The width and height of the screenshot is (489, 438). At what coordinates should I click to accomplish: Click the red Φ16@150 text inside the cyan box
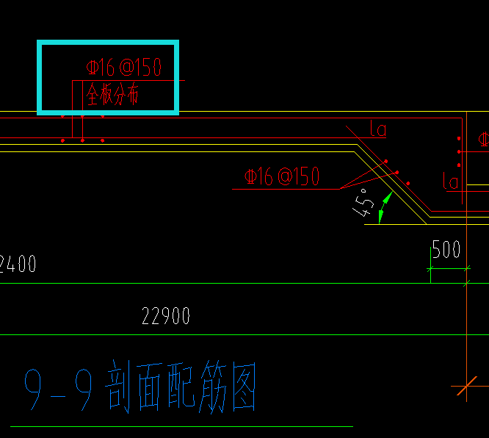point(123,68)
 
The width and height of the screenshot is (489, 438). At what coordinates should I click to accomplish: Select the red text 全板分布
point(112,95)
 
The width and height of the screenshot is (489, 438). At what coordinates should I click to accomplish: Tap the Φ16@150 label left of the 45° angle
point(282,176)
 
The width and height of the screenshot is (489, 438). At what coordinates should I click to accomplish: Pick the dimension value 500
point(446,250)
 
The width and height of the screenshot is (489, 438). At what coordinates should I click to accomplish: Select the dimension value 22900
point(166,317)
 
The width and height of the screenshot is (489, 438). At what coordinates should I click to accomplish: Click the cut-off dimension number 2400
point(18,263)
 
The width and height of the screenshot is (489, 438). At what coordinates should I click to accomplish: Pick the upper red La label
point(378,131)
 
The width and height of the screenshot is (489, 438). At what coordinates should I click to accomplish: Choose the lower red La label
point(450,180)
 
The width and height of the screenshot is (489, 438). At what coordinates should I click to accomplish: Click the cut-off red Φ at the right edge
point(483,139)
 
